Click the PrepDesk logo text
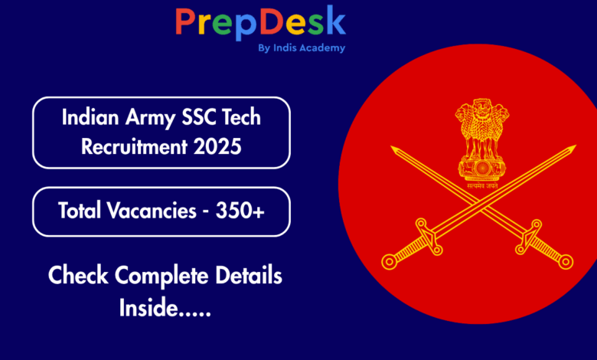260,22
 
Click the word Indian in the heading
90,116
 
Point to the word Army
150,118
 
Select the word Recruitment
135,146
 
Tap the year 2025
217,146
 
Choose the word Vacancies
152,211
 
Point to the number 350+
240,211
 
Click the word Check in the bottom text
78,275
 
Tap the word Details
249,275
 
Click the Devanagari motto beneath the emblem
482,186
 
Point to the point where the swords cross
482,205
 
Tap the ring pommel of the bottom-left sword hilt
389,262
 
